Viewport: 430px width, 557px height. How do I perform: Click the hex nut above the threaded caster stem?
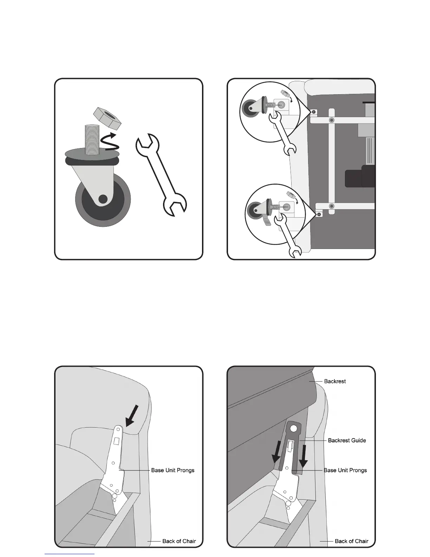[108, 118]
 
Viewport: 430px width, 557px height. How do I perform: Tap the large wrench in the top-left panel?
[161, 174]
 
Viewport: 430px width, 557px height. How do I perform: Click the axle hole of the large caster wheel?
[103, 199]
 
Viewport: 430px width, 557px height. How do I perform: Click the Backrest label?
[335, 381]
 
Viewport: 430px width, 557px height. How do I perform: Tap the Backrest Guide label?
[347, 440]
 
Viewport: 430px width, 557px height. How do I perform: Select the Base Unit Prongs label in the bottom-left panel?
[172, 470]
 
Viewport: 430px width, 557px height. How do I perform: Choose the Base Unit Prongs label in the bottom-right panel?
[345, 470]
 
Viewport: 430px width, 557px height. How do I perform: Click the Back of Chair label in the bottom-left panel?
[179, 541]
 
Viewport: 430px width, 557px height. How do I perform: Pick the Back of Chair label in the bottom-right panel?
[351, 541]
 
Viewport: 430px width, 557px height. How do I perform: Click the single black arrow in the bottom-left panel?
[132, 416]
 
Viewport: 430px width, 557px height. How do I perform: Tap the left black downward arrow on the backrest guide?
[277, 453]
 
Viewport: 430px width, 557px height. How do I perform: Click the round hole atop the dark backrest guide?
[293, 428]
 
